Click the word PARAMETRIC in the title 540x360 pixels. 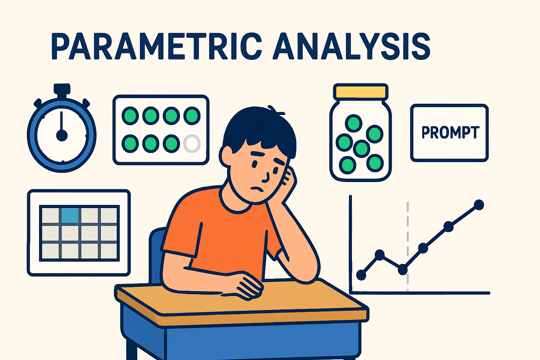pos(156,46)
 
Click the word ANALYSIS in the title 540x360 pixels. pos(352,46)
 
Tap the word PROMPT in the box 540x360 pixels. pos(450,133)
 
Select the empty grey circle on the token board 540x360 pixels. pos(192,143)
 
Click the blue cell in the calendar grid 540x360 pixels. pos(70,214)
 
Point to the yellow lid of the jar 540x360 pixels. pos(361,91)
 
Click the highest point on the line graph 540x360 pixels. pos(479,205)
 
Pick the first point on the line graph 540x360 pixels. pos(361,275)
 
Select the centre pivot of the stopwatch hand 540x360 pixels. pos(62,135)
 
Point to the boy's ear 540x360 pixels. pos(226,157)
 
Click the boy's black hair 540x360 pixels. pos(260,127)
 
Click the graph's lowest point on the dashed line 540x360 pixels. pos(403,270)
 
